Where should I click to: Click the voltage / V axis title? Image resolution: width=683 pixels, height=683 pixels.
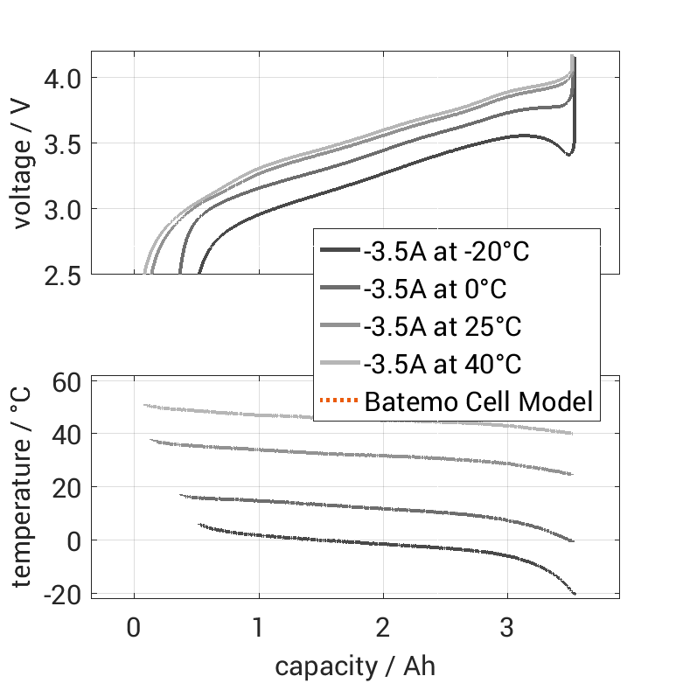[23, 164]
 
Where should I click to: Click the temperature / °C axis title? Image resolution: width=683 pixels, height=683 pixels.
[23, 488]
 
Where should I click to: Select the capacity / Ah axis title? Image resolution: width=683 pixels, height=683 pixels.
[355, 666]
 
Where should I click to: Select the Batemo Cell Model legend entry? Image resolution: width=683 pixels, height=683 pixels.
[478, 402]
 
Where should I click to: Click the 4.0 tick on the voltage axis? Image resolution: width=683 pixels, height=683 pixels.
[61, 79]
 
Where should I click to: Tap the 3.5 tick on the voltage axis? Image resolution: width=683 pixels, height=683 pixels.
[61, 143]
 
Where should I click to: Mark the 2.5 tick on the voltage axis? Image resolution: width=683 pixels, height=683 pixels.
[61, 274]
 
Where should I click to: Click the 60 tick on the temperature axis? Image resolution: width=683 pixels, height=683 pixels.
[67, 381]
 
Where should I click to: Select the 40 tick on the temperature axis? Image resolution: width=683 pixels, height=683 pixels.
[67, 435]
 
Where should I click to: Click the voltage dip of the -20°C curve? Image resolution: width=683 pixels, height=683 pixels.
[568, 155]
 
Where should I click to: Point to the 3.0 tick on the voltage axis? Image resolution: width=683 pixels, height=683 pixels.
[61, 209]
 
